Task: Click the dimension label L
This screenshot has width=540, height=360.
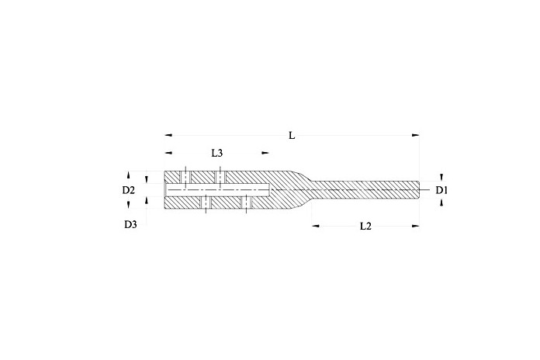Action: pos(292,135)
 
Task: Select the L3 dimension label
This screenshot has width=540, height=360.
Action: pos(217,153)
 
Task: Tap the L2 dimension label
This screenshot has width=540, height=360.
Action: pos(365,226)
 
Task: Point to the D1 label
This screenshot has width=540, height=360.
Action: pos(441,190)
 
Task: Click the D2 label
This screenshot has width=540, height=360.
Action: pos(129,190)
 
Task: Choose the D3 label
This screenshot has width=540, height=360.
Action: pos(130,225)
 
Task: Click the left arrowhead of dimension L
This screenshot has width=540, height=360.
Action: pos(168,135)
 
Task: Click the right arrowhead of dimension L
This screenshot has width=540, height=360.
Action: pos(416,135)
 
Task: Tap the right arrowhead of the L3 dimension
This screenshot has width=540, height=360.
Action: pos(265,153)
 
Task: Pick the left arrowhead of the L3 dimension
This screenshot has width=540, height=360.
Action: pos(168,153)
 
